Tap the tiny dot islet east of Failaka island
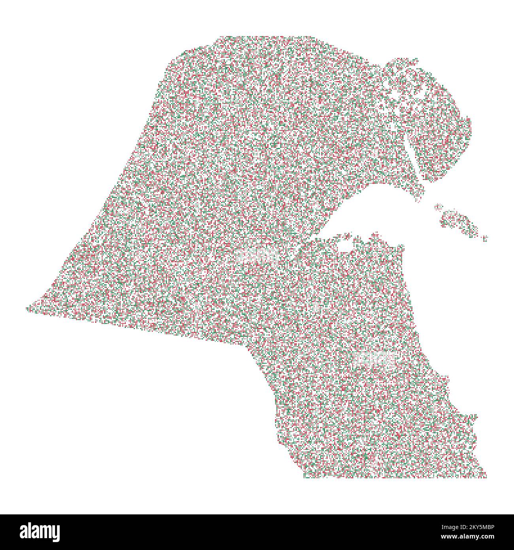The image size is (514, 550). (485, 238)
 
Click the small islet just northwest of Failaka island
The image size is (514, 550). (438, 206)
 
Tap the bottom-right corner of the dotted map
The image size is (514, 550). (486, 476)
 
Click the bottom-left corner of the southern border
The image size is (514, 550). (304, 476)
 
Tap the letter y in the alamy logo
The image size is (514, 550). (55, 533)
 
